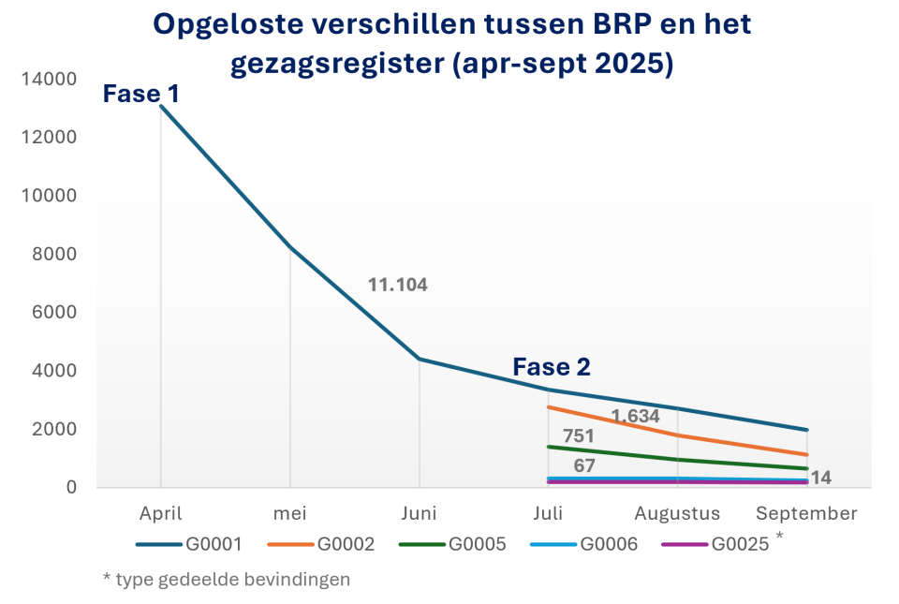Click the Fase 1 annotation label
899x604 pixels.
tap(140, 94)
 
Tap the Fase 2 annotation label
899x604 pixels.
tap(552, 367)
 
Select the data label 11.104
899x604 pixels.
tap(397, 285)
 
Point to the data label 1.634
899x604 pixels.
tap(636, 416)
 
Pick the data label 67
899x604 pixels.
tap(585, 465)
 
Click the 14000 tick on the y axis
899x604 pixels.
tap(48, 80)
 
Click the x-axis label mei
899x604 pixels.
tap(290, 513)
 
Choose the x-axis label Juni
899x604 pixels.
tap(419, 513)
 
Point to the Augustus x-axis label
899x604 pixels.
tap(677, 513)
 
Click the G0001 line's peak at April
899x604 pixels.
tap(161, 106)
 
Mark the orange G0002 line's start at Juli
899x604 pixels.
tap(549, 407)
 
